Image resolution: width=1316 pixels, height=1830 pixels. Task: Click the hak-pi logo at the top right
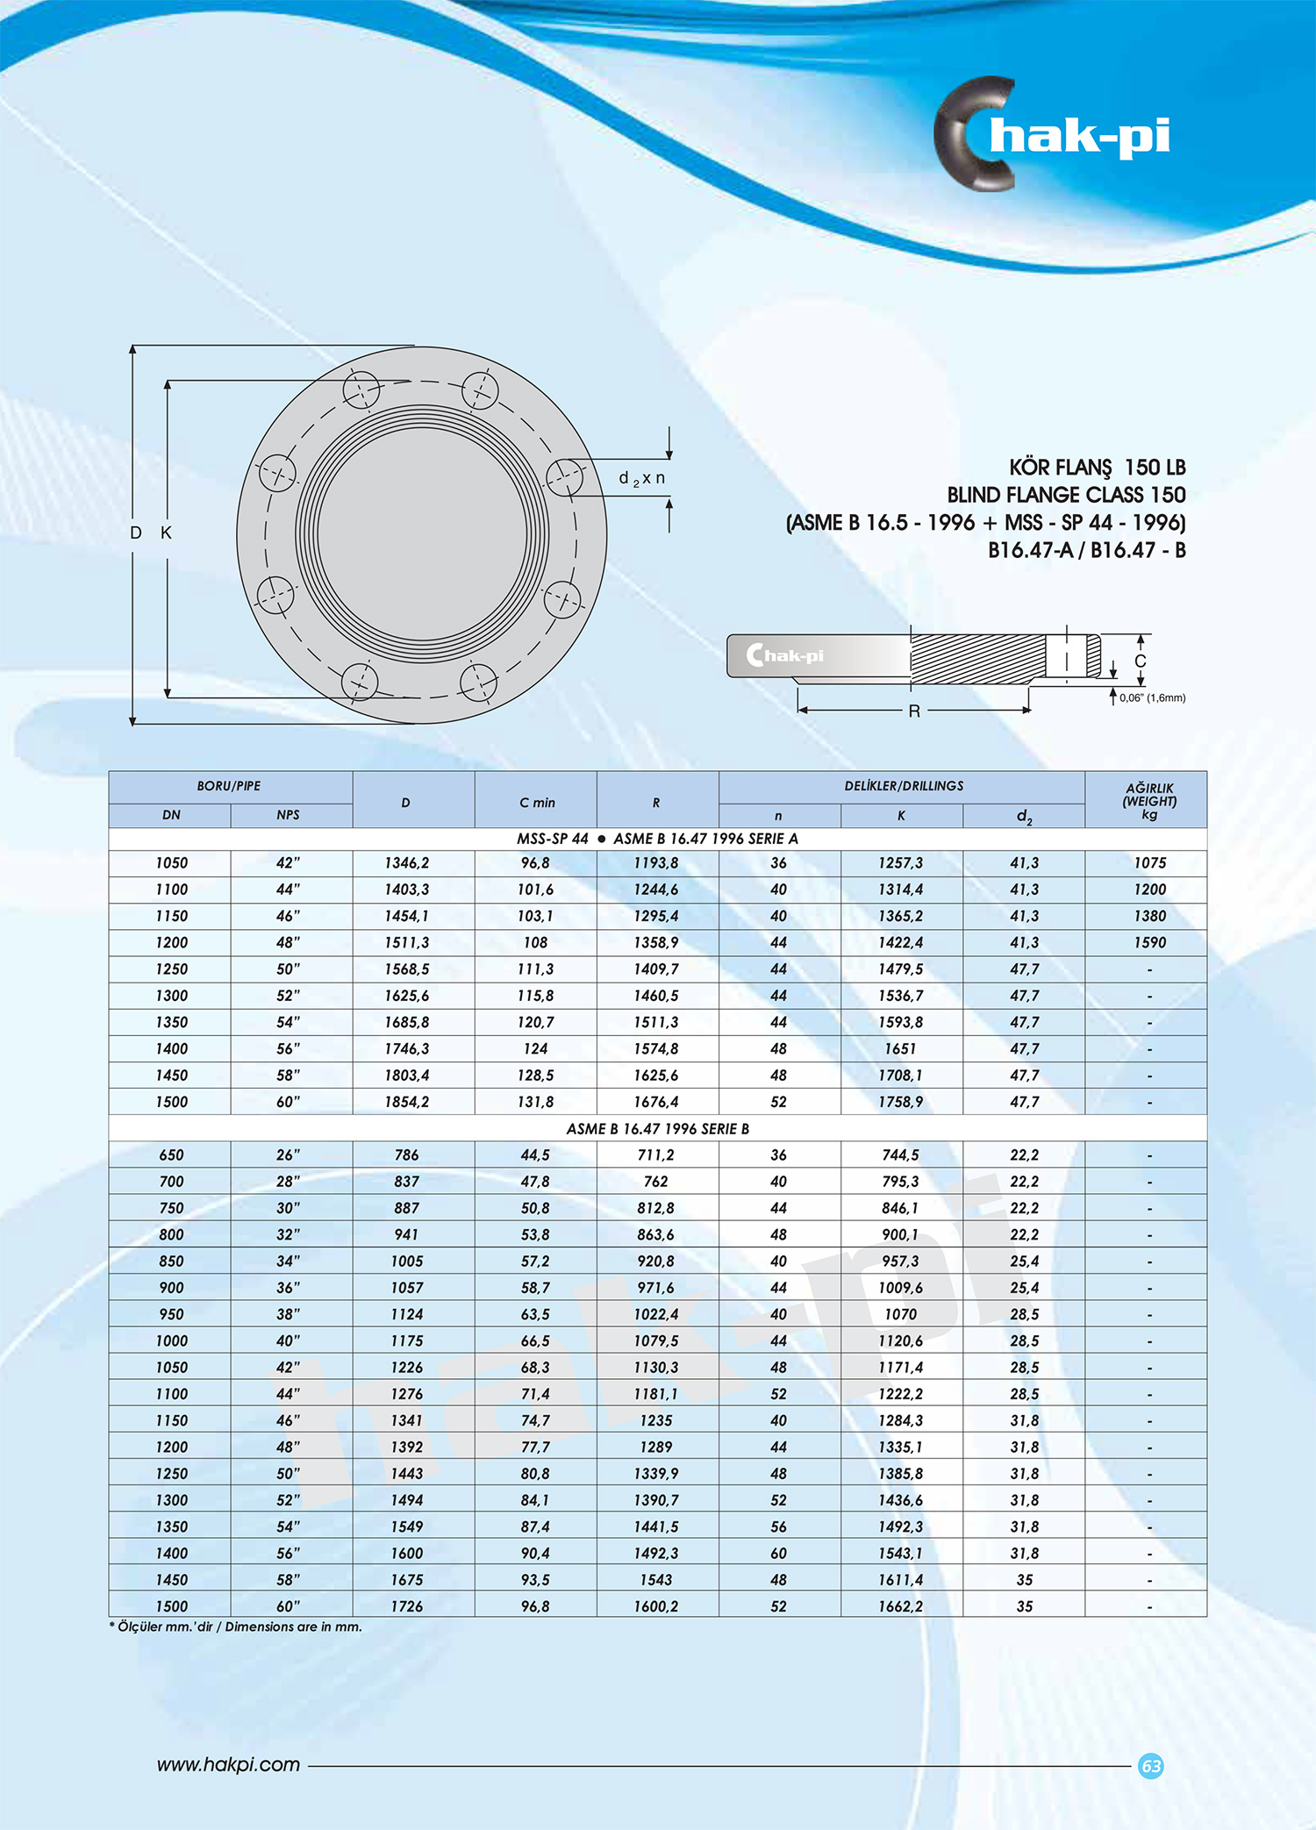1053,135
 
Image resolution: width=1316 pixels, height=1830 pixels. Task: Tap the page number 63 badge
1150,1765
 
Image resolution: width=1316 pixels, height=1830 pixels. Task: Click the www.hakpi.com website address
228,1764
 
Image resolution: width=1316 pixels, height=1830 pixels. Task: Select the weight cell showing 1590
1149,942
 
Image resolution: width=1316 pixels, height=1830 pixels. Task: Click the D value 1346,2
406,862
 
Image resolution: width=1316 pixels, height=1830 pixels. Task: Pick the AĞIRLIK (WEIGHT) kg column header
1149,800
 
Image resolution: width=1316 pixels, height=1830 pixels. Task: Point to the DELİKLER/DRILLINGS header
903,786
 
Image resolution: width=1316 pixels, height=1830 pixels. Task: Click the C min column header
536,802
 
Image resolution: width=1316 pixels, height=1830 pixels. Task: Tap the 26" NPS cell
288,1154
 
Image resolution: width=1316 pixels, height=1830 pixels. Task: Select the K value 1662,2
900,1605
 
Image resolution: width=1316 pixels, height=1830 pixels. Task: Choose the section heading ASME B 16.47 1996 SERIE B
657,1128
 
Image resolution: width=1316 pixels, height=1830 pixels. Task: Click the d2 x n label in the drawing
641,478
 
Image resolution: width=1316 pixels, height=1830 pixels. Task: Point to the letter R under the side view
914,711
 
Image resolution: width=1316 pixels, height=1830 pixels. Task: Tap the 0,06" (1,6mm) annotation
1152,697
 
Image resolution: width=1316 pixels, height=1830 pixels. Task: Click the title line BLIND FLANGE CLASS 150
1065,495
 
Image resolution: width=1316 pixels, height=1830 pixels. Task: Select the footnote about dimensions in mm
236,1626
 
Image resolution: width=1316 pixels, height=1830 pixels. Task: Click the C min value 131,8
535,1101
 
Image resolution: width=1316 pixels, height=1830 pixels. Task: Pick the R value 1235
655,1419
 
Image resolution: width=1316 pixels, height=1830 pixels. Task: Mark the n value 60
778,1553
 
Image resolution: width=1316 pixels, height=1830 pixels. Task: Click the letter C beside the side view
1140,661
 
